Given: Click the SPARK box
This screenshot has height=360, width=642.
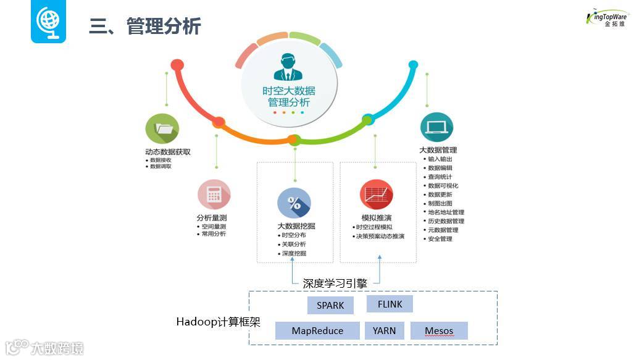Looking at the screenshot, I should tap(330, 306).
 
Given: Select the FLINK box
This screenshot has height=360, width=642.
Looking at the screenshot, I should tap(390, 304).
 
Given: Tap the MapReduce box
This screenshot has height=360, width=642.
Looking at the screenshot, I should tap(317, 331).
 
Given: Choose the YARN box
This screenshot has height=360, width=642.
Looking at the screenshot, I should tap(384, 331).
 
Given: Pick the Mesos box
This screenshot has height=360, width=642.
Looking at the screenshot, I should tap(438, 331).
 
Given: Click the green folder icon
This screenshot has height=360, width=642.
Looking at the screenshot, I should tap(162, 129).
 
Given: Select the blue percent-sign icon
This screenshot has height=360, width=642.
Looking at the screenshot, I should tap(294, 203).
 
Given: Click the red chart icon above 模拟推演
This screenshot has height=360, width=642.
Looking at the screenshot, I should tap(376, 195).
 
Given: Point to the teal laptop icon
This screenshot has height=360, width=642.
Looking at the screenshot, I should tap(436, 128).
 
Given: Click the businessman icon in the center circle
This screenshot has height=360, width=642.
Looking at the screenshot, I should tap(288, 67).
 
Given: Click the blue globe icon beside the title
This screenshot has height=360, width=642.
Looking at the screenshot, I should tap(49, 22).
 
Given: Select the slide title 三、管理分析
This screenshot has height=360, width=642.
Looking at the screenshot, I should tap(145, 27).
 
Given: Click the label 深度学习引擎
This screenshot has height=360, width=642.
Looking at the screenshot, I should tap(335, 283).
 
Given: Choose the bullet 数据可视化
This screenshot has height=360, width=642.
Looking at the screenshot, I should tap(443, 186).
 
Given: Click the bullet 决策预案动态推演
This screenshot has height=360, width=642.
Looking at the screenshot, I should tap(380, 237).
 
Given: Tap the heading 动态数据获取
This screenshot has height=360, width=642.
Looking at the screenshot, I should tap(168, 151).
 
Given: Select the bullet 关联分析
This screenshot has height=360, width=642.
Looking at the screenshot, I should tap(294, 245).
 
